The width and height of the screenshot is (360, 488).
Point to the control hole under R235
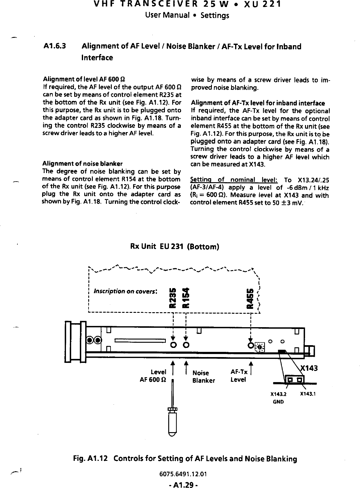pos(173,345)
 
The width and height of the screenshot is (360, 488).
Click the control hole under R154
pos(186,345)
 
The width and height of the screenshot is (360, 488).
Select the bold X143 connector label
pos(309,368)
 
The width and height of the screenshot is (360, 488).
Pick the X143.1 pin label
pos(308,394)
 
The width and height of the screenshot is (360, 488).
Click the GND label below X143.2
pos(278,402)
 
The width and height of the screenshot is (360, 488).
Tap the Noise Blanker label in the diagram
pos(203,377)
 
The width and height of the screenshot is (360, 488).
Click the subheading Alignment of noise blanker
pos(82,163)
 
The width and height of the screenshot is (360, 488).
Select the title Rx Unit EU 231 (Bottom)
pos(175,246)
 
